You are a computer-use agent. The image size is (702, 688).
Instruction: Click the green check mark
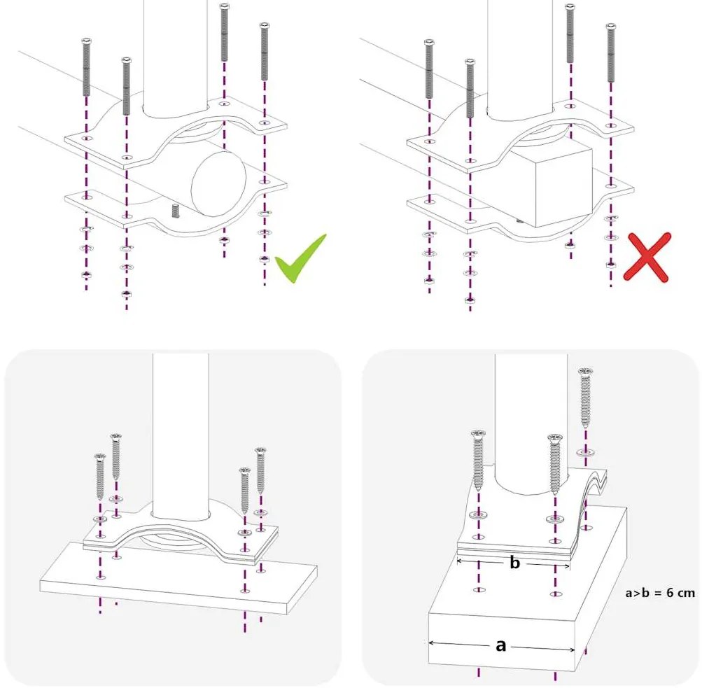(x=299, y=260)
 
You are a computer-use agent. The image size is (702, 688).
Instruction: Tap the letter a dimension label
(x=500, y=645)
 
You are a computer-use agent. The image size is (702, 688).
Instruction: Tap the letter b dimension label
(x=514, y=563)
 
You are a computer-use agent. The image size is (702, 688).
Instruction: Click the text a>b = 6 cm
(x=659, y=593)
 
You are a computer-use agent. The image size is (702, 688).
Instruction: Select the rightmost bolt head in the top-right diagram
(x=611, y=27)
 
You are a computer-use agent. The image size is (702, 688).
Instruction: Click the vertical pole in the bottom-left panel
(x=181, y=434)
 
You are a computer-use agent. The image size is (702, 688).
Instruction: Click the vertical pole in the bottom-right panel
(x=531, y=420)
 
